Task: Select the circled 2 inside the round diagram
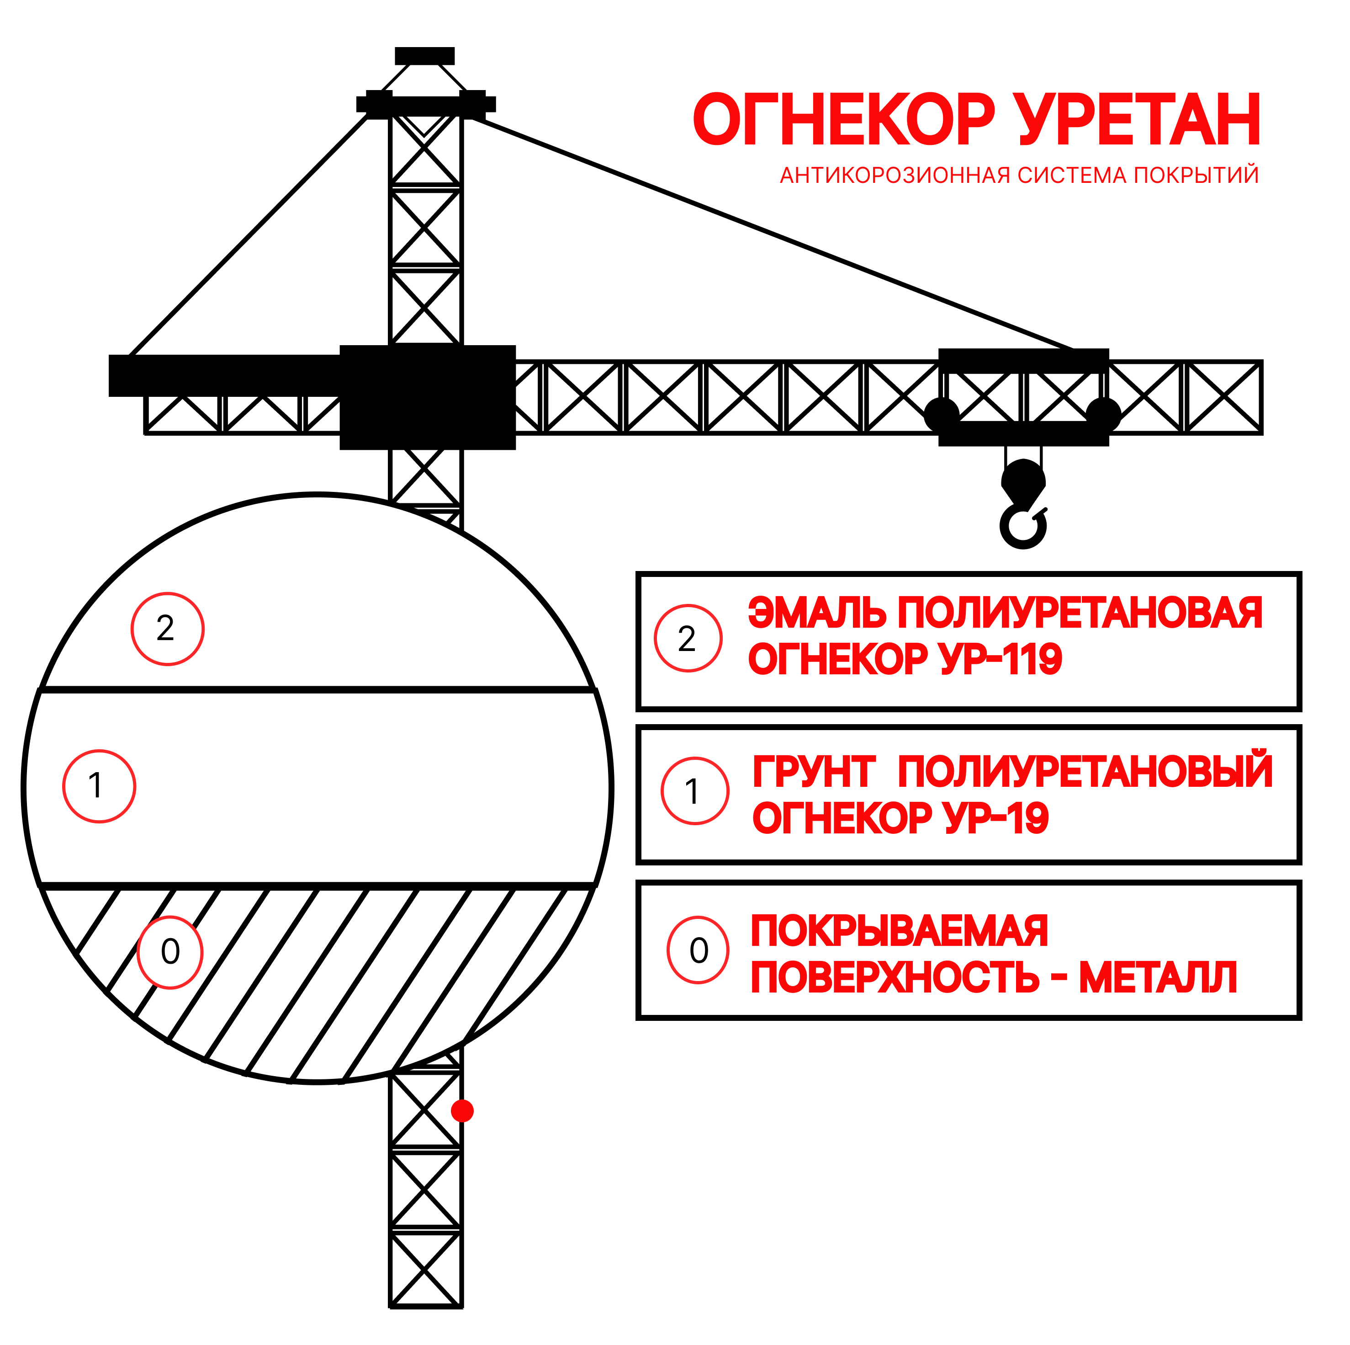pyautogui.click(x=167, y=629)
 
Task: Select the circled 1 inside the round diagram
pyautogui.click(x=99, y=786)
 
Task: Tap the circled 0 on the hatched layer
pyautogui.click(x=170, y=952)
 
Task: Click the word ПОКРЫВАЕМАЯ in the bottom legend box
pyautogui.click(x=899, y=931)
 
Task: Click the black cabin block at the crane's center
pyautogui.click(x=428, y=397)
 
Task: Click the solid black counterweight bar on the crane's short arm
pyautogui.click(x=223, y=375)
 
